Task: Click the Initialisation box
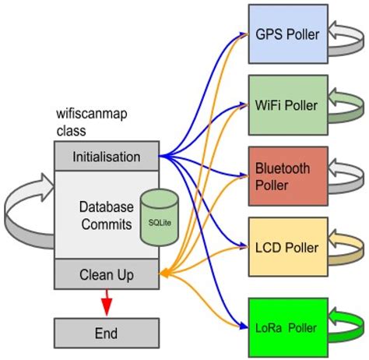click(107, 157)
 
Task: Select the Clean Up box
click(107, 274)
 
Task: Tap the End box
click(107, 333)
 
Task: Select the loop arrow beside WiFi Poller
click(346, 105)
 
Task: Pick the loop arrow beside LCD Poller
click(346, 248)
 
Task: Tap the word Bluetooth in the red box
click(283, 168)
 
